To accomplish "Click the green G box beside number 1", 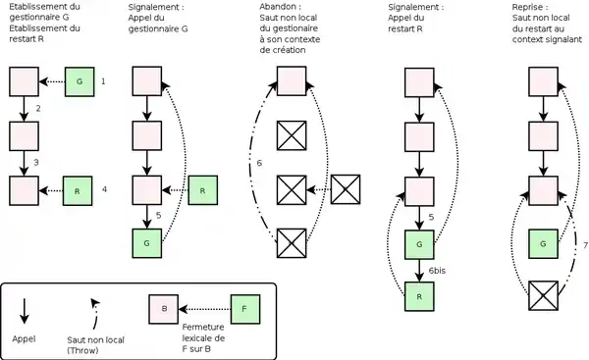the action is click(x=80, y=81).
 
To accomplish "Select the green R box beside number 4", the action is click(x=78, y=191).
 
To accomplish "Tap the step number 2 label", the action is click(x=38, y=109).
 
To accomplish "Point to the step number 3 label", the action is click(x=36, y=163).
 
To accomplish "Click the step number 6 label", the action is click(x=259, y=163).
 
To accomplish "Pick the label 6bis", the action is click(x=437, y=271).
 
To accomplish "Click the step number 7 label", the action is click(x=585, y=245).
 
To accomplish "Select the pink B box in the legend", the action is click(x=164, y=309).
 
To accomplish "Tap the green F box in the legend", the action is click(x=244, y=309).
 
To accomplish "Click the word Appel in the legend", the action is click(x=24, y=339).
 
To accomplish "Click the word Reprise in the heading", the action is click(x=528, y=7).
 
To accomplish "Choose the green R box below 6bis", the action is click(x=419, y=296).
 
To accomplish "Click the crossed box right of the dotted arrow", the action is click(x=346, y=189).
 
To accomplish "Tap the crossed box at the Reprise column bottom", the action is click(x=543, y=295).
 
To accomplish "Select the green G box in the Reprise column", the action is click(x=543, y=244).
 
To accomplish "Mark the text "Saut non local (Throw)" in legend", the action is click(x=95, y=345).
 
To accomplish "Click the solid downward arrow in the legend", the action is click(x=24, y=311).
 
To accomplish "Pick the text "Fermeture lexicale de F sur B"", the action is click(x=203, y=337).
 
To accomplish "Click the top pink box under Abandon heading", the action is click(x=292, y=81).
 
